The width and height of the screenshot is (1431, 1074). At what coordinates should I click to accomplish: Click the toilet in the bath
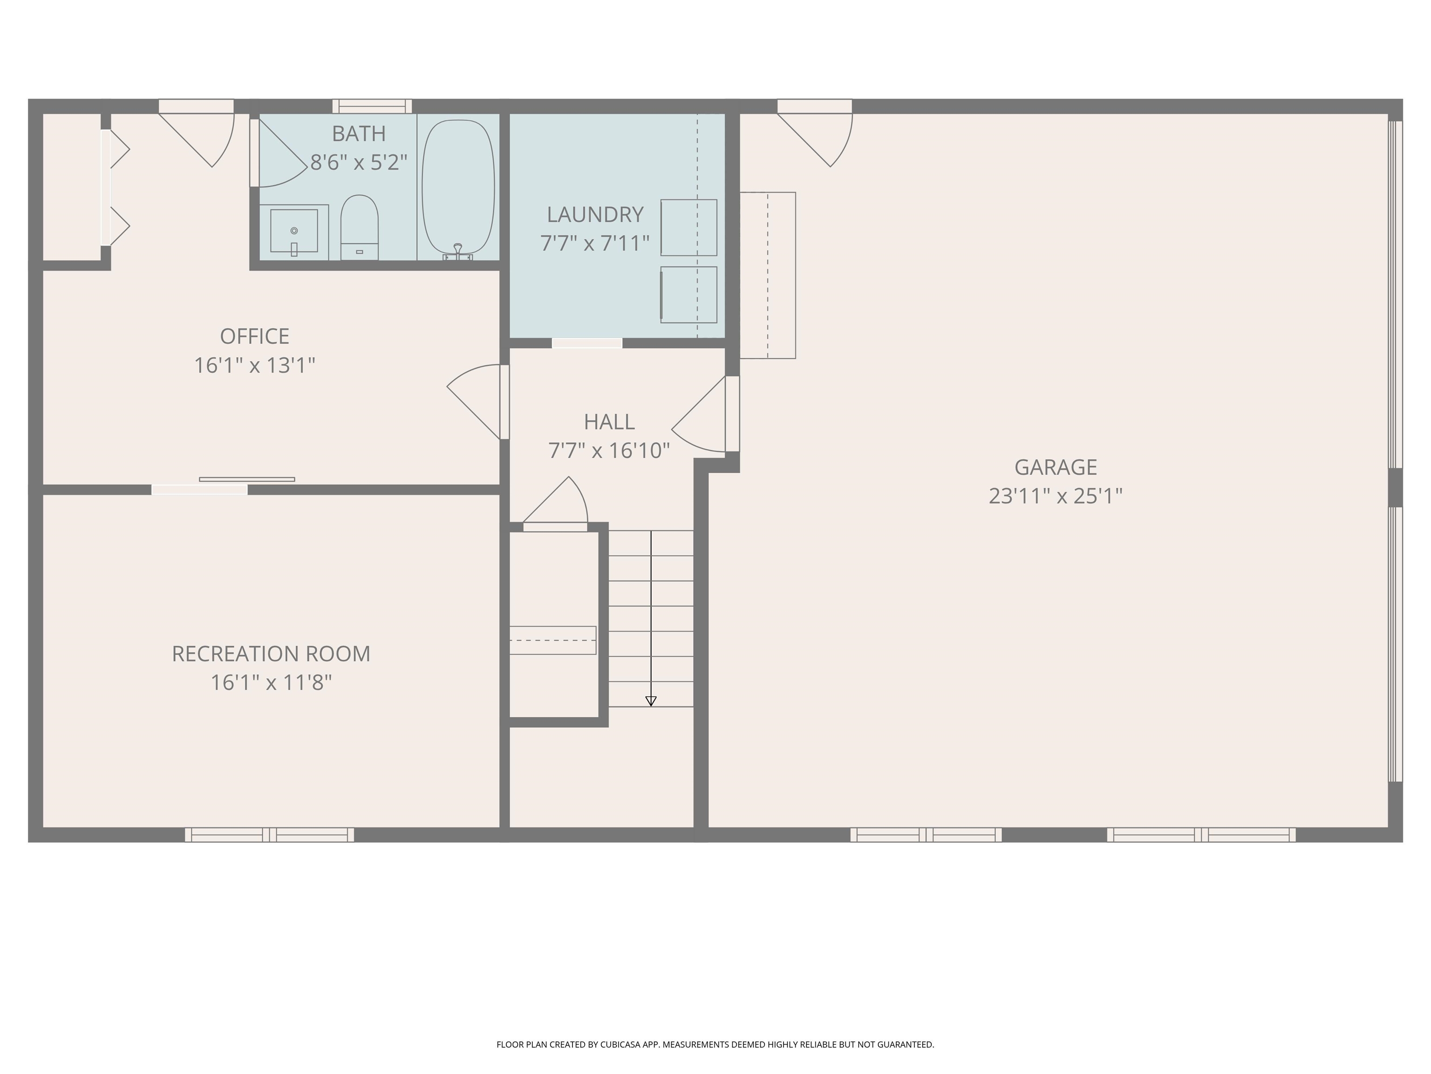pyautogui.click(x=359, y=226)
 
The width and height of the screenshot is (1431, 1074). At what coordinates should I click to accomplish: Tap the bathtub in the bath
pyautogui.click(x=458, y=186)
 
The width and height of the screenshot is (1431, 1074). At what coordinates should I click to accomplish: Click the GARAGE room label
pyautogui.click(x=1055, y=467)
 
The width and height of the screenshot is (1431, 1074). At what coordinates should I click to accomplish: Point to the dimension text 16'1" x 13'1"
pyautogui.click(x=254, y=365)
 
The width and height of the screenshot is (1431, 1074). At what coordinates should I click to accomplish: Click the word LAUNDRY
pyautogui.click(x=594, y=214)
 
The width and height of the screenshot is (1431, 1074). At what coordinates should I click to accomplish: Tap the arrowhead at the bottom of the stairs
pyautogui.click(x=651, y=701)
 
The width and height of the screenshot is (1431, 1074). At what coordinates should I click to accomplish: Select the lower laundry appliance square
pyautogui.click(x=688, y=295)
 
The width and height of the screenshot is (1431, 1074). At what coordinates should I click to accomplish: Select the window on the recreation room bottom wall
pyautogui.click(x=269, y=834)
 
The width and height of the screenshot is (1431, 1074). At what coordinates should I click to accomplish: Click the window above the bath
pyautogui.click(x=372, y=106)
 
